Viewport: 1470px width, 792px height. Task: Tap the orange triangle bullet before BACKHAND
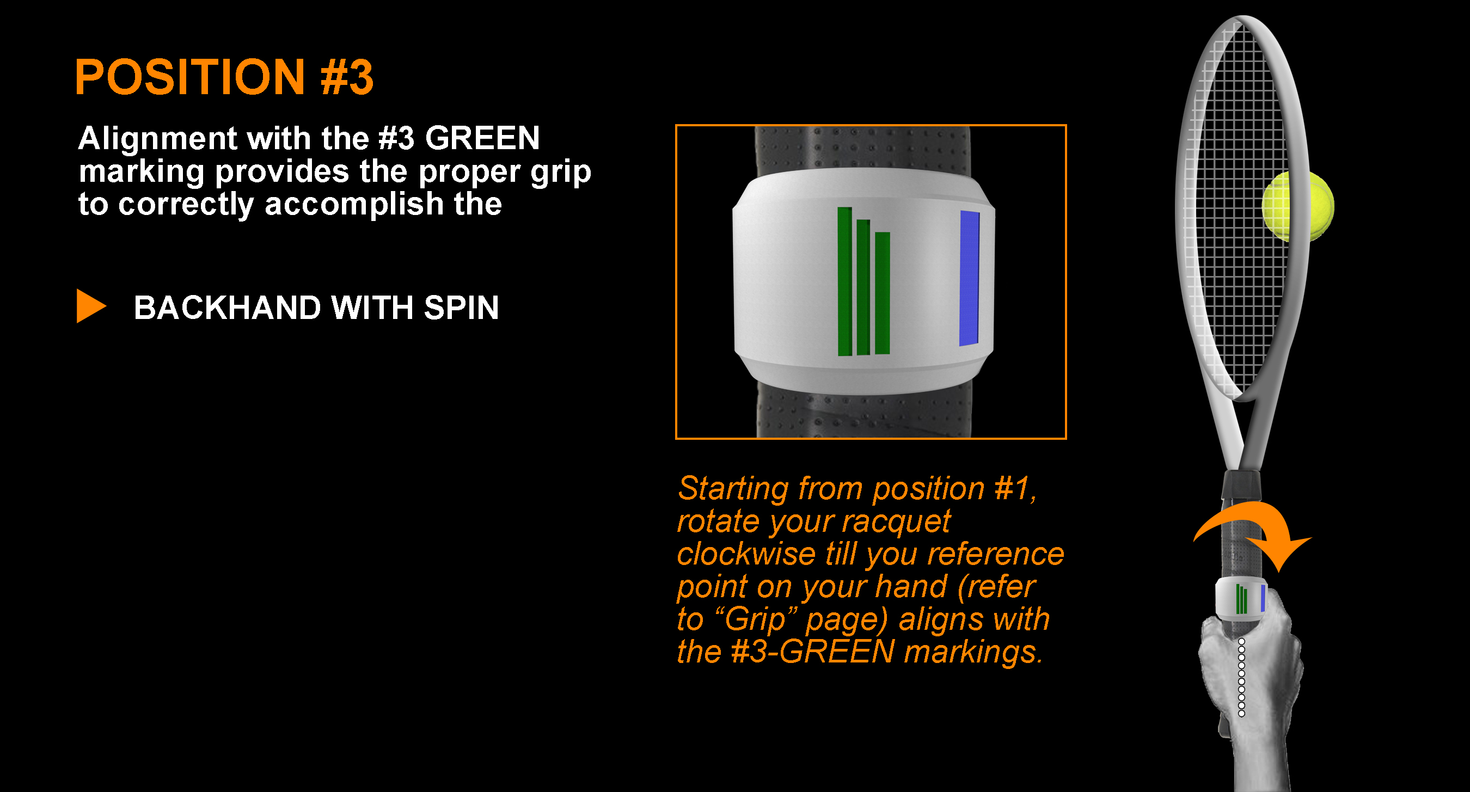pyautogui.click(x=91, y=306)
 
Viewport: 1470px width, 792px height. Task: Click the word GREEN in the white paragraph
pyautogui.click(x=482, y=139)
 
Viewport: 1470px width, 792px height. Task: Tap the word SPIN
pyautogui.click(x=461, y=308)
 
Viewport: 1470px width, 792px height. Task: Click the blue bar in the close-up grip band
pyautogui.click(x=970, y=279)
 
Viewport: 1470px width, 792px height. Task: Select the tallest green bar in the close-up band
pyautogui.click(x=844, y=281)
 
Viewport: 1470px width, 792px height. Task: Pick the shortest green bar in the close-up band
pyautogui.click(x=882, y=293)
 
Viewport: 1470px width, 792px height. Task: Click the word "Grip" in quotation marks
pyautogui.click(x=756, y=620)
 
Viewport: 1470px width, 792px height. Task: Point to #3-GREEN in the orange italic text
pyautogui.click(x=813, y=652)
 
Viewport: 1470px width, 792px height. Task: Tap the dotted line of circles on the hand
pyautogui.click(x=1241, y=677)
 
